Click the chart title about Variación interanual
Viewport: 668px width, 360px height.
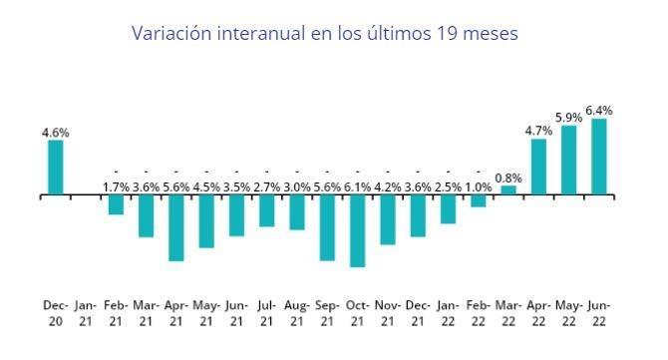325,33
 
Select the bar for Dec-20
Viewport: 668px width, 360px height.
56,168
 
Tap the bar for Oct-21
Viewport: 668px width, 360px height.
357,231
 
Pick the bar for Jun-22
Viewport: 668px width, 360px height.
599,157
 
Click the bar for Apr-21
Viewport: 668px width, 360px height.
176,228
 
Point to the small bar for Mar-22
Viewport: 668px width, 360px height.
508,189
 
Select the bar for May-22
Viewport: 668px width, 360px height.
569,160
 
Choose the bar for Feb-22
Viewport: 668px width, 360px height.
479,201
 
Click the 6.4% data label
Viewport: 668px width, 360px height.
599,111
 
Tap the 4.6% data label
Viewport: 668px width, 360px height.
56,132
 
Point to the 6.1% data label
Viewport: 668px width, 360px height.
357,185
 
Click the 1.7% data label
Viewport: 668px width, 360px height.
117,185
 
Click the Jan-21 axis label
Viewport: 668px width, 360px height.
86,312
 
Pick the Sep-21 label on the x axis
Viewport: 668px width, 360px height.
327,312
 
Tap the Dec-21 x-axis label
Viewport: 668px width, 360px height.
418,312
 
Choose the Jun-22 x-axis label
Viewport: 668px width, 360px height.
599,312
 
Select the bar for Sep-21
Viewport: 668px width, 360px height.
327,228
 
